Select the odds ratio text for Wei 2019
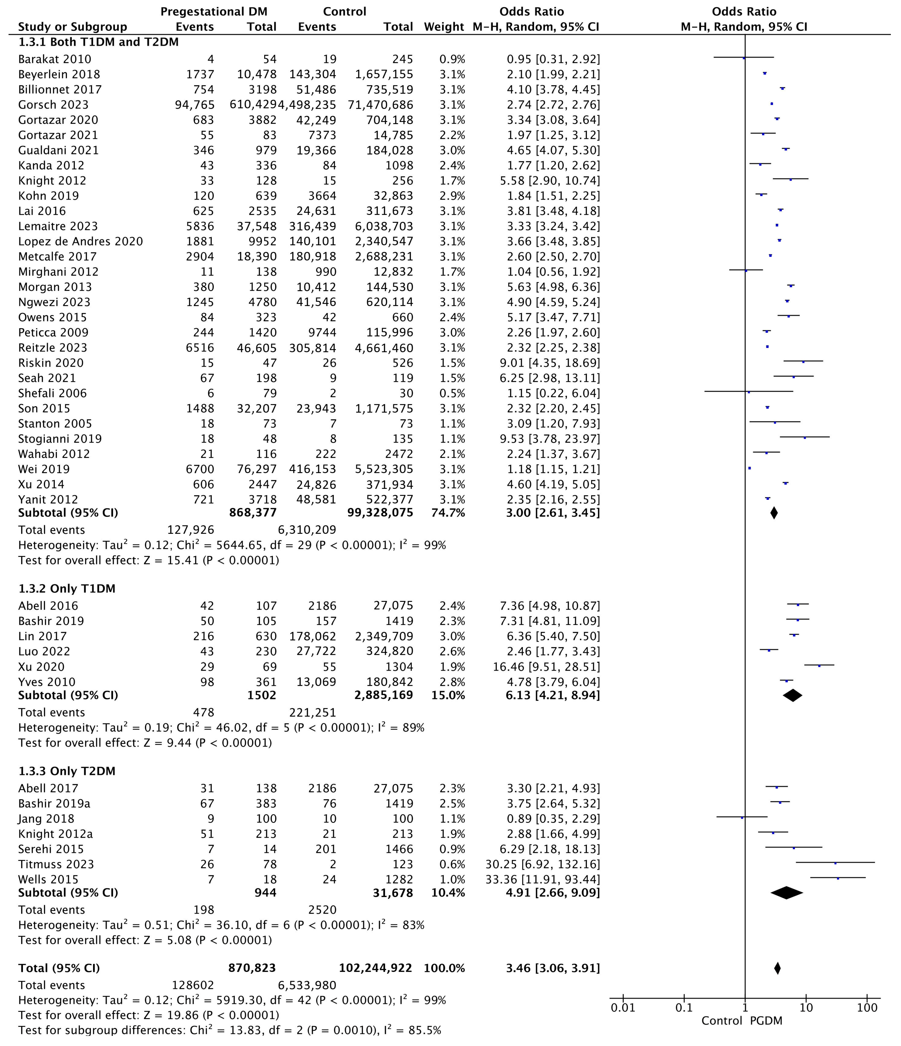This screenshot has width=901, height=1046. pos(553,469)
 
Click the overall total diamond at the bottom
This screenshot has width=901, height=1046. pos(777,968)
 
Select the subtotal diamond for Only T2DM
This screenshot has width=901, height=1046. pos(787,893)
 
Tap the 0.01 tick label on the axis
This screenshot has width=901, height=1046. pos(623,1008)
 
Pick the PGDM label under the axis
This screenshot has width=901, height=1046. pos(766,1021)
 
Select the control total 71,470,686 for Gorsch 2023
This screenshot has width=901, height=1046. pos(381,105)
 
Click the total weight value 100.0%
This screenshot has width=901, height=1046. pos(444,968)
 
